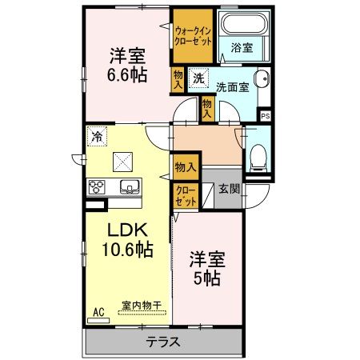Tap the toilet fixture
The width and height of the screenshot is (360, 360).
(x=258, y=158)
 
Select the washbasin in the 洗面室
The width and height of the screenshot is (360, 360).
(x=262, y=78)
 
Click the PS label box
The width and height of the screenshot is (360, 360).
(x=266, y=116)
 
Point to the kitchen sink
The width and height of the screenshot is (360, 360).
(x=130, y=186)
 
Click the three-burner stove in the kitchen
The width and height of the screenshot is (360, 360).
(x=97, y=186)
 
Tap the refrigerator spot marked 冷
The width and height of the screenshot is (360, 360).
(x=97, y=136)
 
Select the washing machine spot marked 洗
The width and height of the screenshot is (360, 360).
(x=198, y=78)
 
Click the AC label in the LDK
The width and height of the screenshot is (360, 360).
(x=98, y=312)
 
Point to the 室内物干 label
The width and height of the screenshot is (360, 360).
(x=142, y=306)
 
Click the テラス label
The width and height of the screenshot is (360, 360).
(x=163, y=342)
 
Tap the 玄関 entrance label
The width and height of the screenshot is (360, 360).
(x=229, y=189)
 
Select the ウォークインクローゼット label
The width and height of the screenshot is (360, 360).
(x=193, y=36)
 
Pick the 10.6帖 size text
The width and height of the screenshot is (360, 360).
(x=128, y=250)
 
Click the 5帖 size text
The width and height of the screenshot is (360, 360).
(x=207, y=278)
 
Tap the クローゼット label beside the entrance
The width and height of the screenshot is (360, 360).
(x=186, y=196)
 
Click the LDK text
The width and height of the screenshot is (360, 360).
(x=127, y=230)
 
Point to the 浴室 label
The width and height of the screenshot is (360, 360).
(x=242, y=48)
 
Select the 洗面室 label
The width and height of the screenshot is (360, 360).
(x=233, y=87)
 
